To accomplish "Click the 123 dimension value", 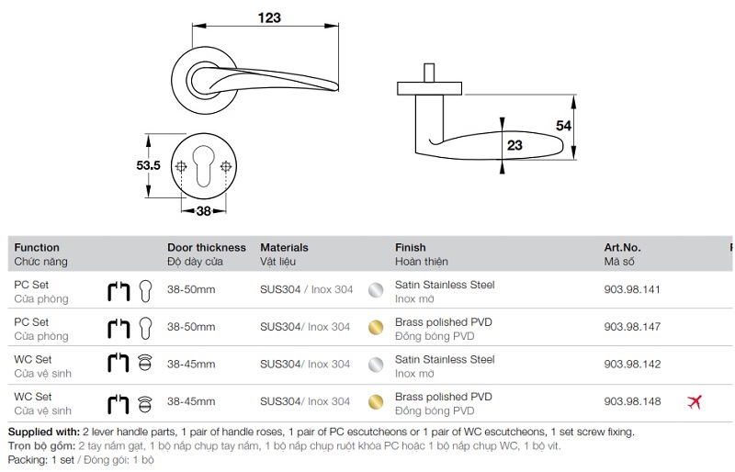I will coord(267,17).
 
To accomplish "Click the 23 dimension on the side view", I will coord(514,145).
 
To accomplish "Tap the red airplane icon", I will coord(695,401).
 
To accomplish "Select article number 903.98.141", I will coord(632,289).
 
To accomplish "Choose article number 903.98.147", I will coord(632,327).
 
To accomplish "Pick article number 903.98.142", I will coord(632,365).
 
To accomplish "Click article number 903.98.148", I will coord(632,401).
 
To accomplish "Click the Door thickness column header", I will coord(207,247).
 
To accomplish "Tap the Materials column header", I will coord(284,247).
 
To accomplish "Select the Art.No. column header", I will coord(622,247).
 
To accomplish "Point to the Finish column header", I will coord(410,247).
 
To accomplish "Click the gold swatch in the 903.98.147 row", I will coord(375,327).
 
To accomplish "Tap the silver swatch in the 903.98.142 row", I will coord(375,365).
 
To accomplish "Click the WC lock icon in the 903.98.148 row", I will coord(143,402).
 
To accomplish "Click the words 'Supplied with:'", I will coord(43,432).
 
